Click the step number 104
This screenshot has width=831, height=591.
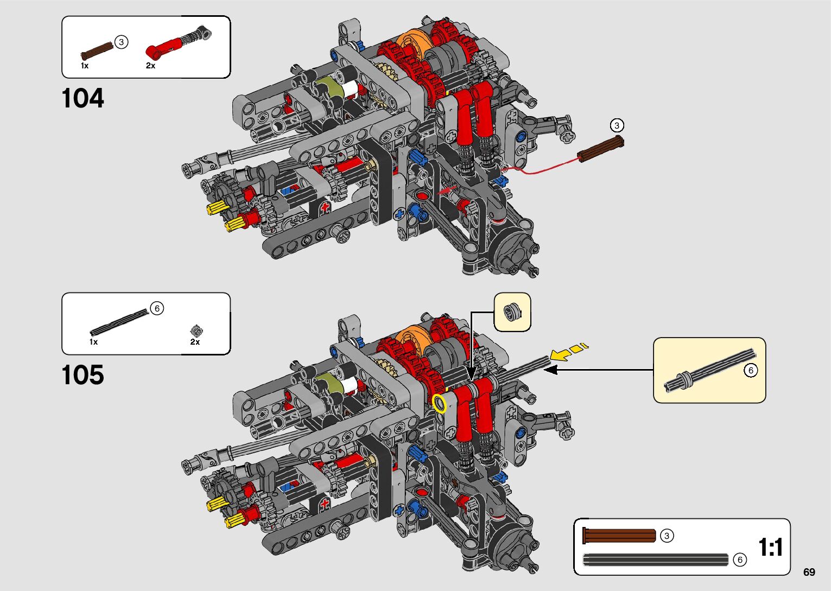[83, 98]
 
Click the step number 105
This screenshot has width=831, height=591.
[83, 374]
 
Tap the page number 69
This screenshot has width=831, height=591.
[809, 572]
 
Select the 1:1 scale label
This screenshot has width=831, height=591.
[771, 547]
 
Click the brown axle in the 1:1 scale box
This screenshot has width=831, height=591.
[619, 536]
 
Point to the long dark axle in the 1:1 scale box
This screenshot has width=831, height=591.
[656, 560]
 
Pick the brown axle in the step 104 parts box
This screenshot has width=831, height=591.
[97, 51]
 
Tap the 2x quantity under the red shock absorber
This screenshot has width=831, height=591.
[150, 66]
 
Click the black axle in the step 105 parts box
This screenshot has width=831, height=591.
[119, 322]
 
